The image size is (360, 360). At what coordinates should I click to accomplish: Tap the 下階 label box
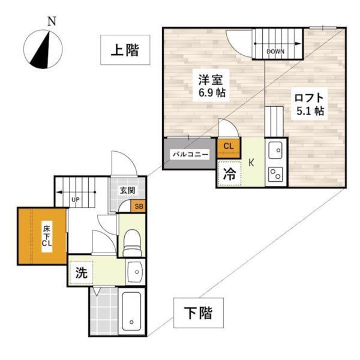click(196, 312)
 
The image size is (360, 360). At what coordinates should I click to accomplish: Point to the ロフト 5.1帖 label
click(309, 103)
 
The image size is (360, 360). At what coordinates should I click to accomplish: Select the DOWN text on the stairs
click(275, 52)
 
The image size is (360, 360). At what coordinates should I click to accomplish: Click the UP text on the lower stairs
click(76, 199)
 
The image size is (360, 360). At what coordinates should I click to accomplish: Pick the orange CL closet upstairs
click(229, 146)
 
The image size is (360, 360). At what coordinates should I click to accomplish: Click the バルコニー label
click(190, 154)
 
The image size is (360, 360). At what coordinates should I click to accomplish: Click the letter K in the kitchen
click(252, 163)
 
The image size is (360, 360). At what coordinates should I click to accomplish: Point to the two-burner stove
click(277, 175)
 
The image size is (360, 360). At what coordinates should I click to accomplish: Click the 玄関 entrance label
click(127, 191)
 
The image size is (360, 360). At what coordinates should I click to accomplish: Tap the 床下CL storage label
click(46, 235)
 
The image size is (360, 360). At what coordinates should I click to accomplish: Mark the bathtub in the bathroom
click(131, 310)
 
